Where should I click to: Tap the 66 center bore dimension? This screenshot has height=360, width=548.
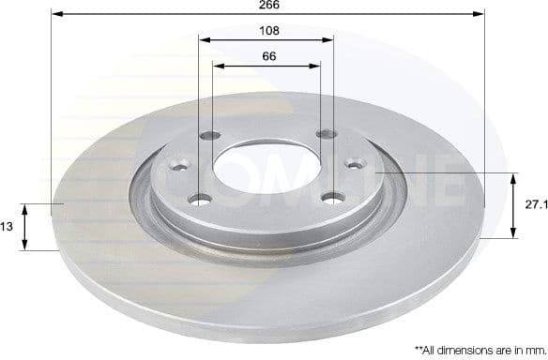(267, 56)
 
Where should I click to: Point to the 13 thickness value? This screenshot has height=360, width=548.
(7, 226)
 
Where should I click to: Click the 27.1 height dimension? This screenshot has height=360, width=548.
(533, 202)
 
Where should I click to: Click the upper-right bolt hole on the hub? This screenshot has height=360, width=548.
(326, 135)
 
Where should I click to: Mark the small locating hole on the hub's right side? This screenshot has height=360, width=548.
(355, 164)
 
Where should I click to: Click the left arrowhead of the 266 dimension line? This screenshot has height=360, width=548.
(55, 15)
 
